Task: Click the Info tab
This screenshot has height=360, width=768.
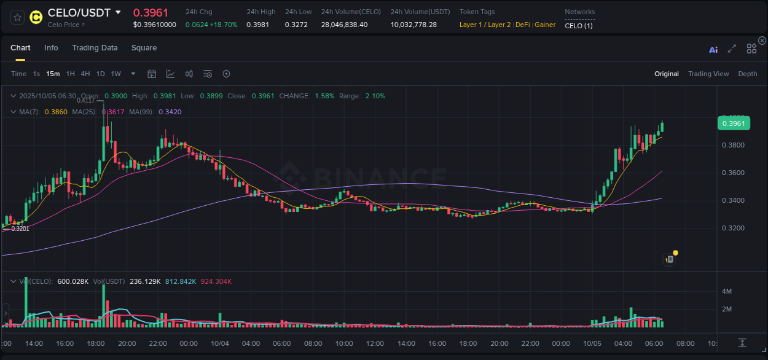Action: pos(51,48)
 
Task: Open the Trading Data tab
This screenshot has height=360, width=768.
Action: pos(95,48)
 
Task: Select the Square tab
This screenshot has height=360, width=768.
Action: pos(144,48)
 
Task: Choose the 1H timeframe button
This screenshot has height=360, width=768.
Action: pos(70,74)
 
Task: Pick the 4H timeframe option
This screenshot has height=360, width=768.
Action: pos(85,74)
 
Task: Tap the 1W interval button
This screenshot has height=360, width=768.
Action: pos(116,74)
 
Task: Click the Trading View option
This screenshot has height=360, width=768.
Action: pos(708,74)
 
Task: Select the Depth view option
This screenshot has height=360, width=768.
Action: pos(747,74)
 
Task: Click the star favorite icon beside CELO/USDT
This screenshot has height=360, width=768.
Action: pos(17,17)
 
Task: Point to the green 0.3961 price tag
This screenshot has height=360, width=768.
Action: pos(734,123)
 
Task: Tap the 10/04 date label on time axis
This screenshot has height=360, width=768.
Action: pos(219,343)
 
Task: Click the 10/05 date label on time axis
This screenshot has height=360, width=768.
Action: pos(592,343)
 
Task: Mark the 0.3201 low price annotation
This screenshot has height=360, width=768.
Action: pos(20,229)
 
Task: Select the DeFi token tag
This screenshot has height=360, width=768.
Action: pos(522,25)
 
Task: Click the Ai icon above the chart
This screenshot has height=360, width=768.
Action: pos(713,50)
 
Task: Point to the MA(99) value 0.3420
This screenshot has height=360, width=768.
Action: pos(170,112)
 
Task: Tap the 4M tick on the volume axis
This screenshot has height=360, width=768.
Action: pos(726,291)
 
